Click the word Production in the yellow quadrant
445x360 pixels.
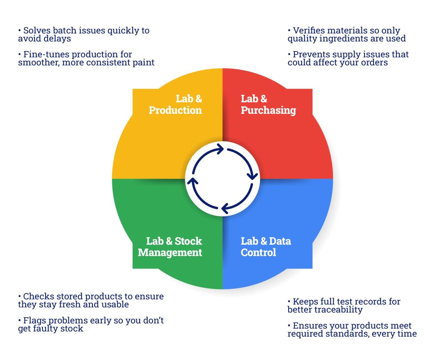click(x=175, y=110)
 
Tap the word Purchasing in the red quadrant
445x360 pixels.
click(x=268, y=111)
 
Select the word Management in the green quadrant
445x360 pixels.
click(x=170, y=253)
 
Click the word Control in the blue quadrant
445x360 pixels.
click(x=258, y=252)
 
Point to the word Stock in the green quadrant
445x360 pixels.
click(x=188, y=241)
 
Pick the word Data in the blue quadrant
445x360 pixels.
click(x=280, y=241)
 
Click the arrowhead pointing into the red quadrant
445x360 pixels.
click(x=221, y=149)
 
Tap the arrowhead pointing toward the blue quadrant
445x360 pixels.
click(x=253, y=176)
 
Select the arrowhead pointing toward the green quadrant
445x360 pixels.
click(x=225, y=208)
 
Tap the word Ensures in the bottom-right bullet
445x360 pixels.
click(x=307, y=326)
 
